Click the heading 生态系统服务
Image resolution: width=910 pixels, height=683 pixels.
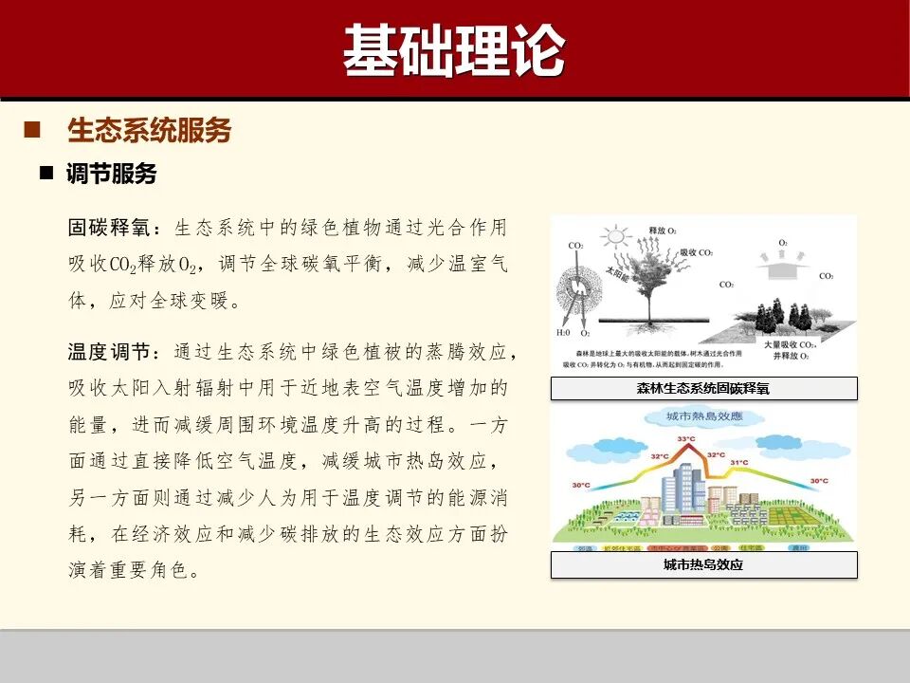[149, 130]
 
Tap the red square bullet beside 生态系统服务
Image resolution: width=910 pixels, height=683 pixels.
[31, 129]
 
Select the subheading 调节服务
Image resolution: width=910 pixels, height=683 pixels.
[111, 174]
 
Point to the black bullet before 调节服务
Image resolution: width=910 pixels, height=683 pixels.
[45, 174]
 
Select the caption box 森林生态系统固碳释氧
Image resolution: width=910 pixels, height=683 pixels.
[703, 389]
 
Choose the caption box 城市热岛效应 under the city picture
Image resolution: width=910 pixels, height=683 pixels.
[703, 565]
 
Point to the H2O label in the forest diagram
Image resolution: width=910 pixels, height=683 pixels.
[563, 334]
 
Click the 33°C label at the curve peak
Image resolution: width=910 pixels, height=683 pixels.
[686, 439]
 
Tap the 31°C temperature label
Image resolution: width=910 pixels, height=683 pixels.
[739, 463]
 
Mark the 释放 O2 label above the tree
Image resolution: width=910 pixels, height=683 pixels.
[663, 231]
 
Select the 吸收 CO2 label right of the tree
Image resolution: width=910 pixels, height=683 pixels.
[698, 252]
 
